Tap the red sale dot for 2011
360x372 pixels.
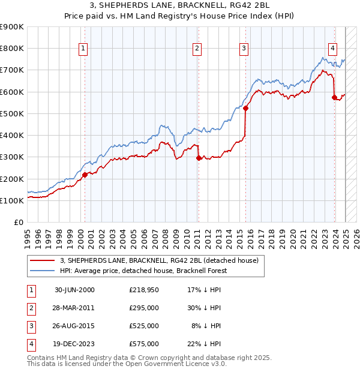pyautogui.click(x=199, y=158)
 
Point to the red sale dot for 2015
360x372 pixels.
pyautogui.click(x=245, y=108)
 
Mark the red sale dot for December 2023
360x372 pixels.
pyautogui.click(x=334, y=97)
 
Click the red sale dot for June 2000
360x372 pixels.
pyautogui.click(x=85, y=175)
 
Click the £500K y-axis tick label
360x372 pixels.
pyautogui.click(x=11, y=113)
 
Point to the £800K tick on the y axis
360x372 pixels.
pyautogui.click(x=11, y=49)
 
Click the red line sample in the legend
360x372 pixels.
pyautogui.click(x=42, y=260)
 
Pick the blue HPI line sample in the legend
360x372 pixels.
pyautogui.click(x=42, y=271)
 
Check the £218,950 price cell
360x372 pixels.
pyautogui.click(x=144, y=290)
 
